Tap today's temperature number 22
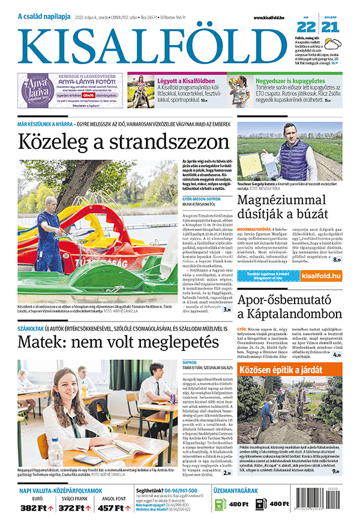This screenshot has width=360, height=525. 306,27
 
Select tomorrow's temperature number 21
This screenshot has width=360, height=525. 330,27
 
